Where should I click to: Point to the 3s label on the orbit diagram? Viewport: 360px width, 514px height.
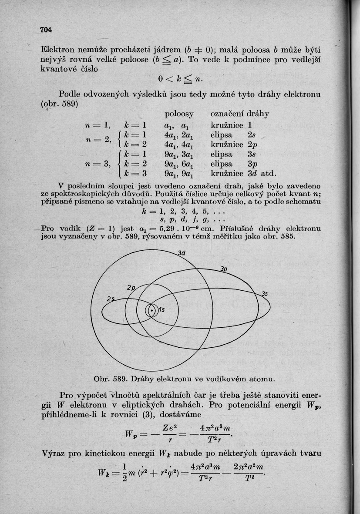pos(264,294)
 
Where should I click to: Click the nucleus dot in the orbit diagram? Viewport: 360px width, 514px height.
pos(151,311)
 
